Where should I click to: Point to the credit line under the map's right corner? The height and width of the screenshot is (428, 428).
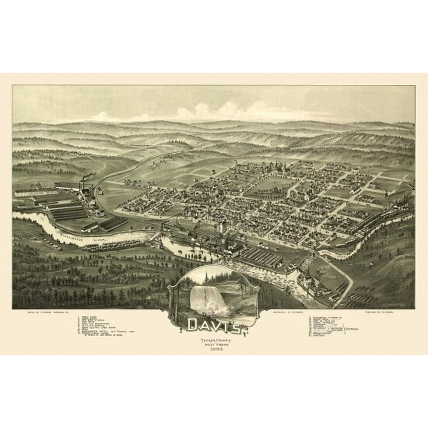point(385,313)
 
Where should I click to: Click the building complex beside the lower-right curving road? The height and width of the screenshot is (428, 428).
point(312,282)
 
